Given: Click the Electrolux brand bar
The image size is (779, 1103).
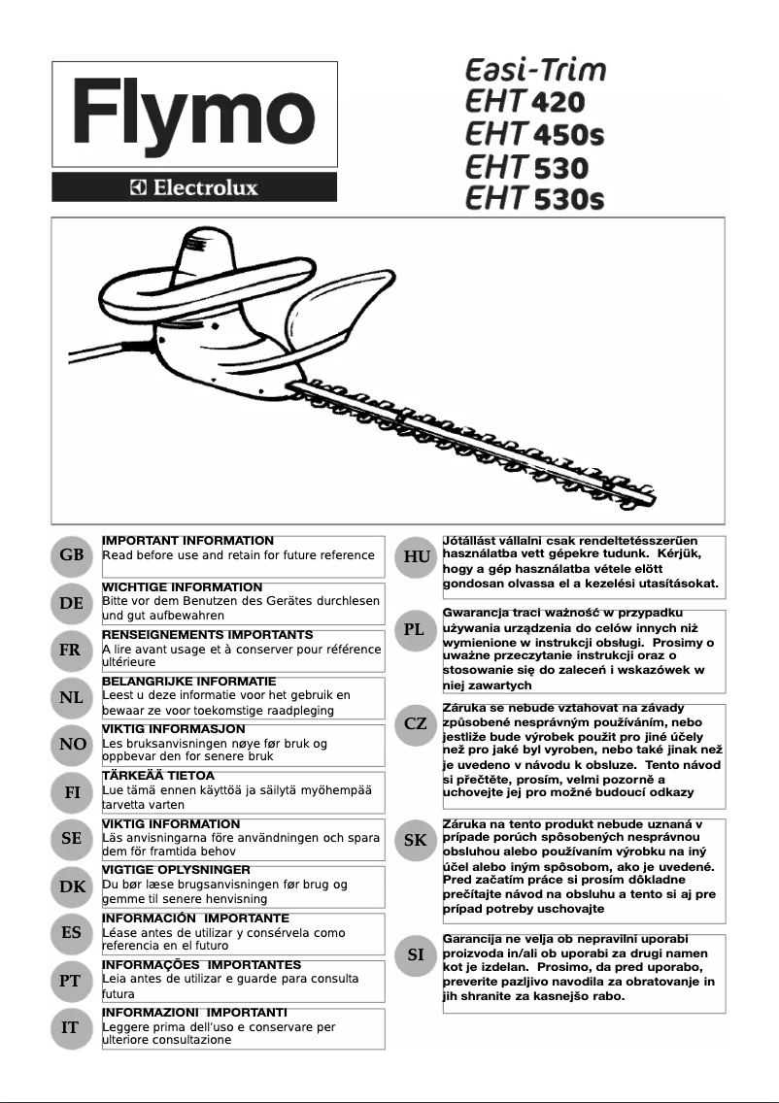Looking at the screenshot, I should tap(194, 187).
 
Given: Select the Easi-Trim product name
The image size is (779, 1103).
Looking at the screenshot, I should tap(535, 71).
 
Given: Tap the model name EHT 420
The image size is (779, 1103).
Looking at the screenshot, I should tap(525, 103).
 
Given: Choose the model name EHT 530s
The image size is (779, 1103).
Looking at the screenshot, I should tap(534, 198).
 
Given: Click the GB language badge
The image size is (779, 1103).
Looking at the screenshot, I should tap(71, 556).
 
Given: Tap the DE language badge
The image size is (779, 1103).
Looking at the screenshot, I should tap(71, 603).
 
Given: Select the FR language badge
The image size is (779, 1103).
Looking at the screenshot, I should tap(71, 651).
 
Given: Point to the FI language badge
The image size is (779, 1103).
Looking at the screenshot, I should tap(71, 792).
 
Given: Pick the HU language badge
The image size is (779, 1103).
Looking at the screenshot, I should tap(417, 556).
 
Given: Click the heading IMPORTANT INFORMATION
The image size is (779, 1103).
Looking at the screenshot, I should tap(187, 541).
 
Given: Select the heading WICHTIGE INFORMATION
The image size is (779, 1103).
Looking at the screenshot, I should tap(182, 587).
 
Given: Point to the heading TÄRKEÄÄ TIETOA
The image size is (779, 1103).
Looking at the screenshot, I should tap(158, 776).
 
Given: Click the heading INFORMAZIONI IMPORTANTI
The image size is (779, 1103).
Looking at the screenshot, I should tap(194, 1012).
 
